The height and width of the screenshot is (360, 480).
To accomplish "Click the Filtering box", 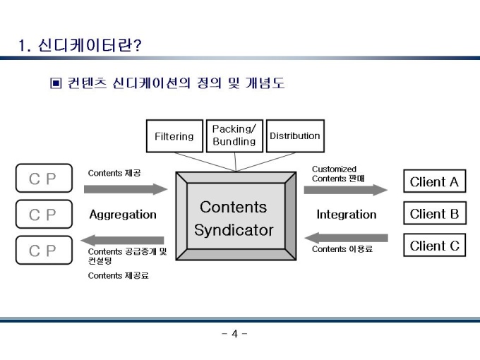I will click(174, 136).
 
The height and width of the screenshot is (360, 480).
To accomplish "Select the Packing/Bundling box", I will click(234, 136).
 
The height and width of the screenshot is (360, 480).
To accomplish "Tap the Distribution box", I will click(294, 136).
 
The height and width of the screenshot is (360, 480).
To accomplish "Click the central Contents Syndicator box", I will click(234, 219).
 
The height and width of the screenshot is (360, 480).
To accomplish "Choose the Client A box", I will click(434, 182).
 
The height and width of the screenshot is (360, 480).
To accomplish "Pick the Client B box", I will click(434, 214).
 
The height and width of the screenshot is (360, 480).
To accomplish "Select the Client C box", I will click(434, 246).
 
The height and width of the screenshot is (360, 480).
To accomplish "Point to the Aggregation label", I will click(123, 215).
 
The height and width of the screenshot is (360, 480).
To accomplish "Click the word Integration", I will click(346, 215).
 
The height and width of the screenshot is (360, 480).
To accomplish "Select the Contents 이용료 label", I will click(342, 249).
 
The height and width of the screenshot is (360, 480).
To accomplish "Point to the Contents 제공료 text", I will click(118, 276).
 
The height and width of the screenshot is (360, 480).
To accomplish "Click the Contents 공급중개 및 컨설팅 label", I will click(126, 256).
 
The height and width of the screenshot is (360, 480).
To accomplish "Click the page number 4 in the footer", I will click(234, 334).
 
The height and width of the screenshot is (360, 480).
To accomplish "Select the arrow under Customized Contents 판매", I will click(345, 190).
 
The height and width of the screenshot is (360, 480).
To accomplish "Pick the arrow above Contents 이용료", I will click(346, 237).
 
